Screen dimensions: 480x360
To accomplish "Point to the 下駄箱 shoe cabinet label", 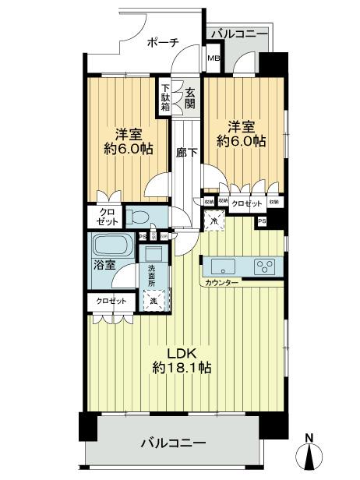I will (x=166, y=98).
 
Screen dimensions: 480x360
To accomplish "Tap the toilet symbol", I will (x=138, y=216).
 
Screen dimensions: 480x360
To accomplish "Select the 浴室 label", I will (x=106, y=265).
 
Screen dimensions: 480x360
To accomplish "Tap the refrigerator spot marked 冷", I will (x=214, y=221).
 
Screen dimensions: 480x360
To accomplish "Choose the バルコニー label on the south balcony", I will (x=173, y=443).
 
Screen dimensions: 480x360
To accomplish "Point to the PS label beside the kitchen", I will (x=261, y=221).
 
